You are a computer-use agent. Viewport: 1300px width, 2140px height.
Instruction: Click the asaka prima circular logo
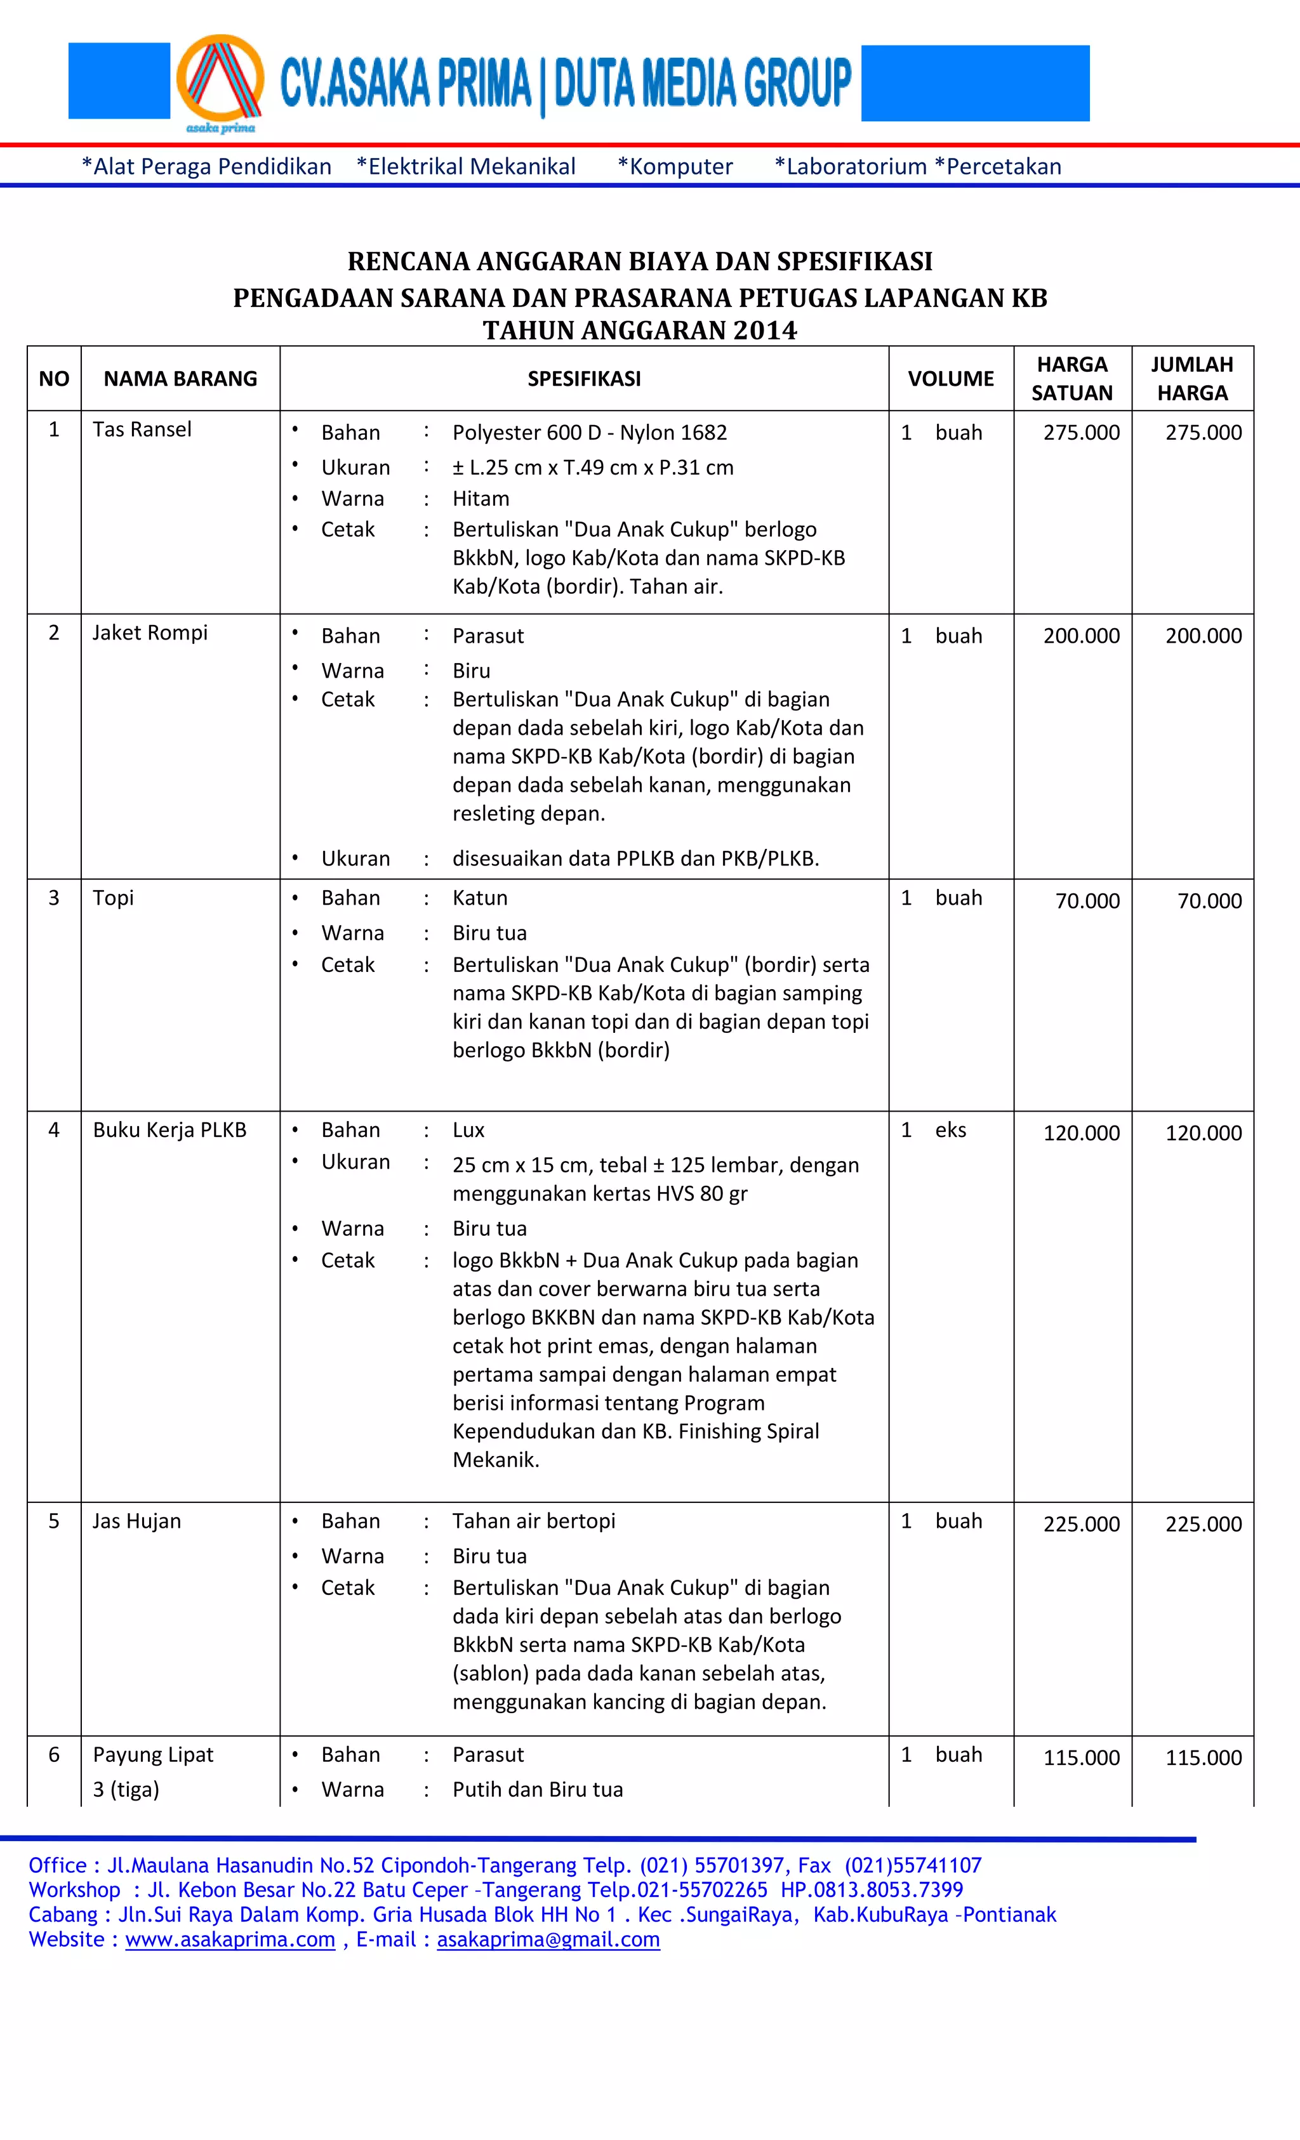(x=220, y=82)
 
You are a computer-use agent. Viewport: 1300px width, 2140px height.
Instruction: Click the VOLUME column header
(x=951, y=379)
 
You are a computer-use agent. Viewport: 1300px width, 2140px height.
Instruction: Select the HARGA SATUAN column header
(x=1071, y=379)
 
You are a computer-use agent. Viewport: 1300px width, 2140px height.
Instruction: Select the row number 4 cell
(x=54, y=1130)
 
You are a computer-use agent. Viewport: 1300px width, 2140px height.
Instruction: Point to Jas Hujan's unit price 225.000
(x=1081, y=1523)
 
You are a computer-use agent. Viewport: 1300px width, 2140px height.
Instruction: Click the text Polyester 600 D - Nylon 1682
(x=589, y=433)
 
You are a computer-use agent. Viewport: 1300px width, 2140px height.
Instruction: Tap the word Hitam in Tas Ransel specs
(x=481, y=499)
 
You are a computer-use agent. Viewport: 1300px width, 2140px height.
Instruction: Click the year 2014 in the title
(x=764, y=331)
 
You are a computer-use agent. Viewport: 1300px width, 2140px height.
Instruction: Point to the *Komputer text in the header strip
(x=675, y=167)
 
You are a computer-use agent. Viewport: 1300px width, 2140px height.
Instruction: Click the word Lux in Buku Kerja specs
(x=468, y=1130)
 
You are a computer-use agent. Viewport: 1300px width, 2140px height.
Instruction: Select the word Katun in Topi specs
(x=480, y=898)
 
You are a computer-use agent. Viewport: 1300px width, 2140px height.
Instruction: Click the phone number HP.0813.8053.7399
(x=872, y=1890)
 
